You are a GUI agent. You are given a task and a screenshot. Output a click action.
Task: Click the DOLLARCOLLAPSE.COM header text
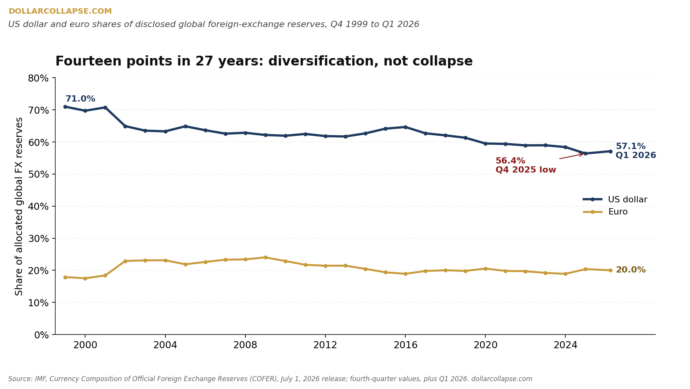[60, 11]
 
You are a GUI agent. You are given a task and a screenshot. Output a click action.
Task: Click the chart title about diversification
[264, 62]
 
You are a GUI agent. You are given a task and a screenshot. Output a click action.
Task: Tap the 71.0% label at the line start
[80, 99]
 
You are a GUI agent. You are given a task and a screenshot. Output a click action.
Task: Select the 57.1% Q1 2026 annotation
[636, 151]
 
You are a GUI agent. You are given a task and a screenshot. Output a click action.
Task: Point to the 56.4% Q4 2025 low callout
[526, 165]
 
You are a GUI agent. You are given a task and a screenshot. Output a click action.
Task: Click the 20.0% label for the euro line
[630, 270]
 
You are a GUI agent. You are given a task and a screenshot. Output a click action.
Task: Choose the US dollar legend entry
[615, 200]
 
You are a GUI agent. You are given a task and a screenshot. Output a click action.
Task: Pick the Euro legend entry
[606, 212]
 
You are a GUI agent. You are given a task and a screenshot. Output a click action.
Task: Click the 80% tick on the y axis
[38, 78]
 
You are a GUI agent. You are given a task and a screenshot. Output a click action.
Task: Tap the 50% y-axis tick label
[38, 174]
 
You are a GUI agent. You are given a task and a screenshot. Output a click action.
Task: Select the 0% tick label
[41, 335]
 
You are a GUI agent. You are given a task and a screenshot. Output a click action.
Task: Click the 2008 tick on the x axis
[245, 345]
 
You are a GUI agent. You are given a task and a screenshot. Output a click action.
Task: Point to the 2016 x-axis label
[405, 345]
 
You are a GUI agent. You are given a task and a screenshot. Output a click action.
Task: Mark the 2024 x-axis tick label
[565, 345]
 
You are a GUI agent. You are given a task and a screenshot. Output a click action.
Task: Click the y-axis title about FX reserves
[19, 206]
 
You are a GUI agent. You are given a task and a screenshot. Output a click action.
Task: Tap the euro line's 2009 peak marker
[265, 257]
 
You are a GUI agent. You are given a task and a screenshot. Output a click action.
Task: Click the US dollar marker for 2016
[405, 127]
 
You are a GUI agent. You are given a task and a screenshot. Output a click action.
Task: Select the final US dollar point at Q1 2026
[610, 151]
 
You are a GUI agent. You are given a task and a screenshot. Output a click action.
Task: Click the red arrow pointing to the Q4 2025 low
[572, 156]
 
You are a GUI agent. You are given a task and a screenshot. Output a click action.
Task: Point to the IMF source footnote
[270, 379]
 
